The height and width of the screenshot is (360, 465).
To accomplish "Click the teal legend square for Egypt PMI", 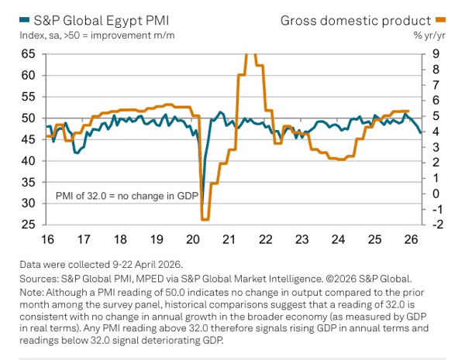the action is [24, 20].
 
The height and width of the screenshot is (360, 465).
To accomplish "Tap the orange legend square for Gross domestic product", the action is [440, 20].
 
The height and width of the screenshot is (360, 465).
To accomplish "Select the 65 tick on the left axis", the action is [28, 54].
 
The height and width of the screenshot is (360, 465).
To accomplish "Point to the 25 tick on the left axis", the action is [28, 225].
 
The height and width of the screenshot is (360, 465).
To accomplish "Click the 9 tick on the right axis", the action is [436, 54].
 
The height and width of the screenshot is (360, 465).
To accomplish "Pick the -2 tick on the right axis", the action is [438, 225].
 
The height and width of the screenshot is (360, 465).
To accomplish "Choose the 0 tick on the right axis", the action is [436, 194].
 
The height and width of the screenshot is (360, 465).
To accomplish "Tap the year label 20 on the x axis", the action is [193, 239].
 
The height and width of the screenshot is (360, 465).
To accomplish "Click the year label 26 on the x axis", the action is [411, 239].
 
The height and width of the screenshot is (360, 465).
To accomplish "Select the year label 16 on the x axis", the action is [47, 239].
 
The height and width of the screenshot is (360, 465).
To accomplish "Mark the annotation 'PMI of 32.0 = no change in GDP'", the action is [127, 196].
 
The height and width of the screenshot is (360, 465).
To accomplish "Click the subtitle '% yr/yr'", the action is [429, 36].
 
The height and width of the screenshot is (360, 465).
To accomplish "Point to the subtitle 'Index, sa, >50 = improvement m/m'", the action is [97, 36].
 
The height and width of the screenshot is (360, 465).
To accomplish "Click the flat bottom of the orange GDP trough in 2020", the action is [205, 220].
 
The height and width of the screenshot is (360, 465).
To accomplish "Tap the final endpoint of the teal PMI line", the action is [421, 132].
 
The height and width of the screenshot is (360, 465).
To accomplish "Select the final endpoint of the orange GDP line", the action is [408, 111].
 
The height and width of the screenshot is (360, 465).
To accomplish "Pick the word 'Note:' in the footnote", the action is [32, 293].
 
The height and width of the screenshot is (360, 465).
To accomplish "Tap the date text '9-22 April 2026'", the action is [146, 264].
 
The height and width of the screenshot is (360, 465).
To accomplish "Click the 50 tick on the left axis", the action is [28, 118].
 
